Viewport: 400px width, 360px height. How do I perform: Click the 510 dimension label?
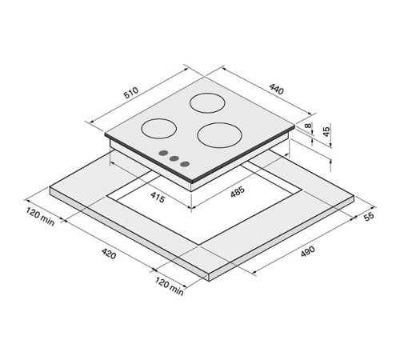coord(131,93)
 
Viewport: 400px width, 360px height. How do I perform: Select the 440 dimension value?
coord(276,89)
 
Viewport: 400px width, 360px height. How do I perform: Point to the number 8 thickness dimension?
coord(309,126)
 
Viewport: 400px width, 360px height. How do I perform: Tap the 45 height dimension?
coord(326,131)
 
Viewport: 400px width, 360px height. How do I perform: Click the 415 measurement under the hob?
coord(158,197)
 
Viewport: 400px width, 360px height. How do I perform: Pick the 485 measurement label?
coord(238,191)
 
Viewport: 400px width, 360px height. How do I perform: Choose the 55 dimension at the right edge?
coord(370,217)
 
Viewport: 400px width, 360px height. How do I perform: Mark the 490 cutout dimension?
coord(308,251)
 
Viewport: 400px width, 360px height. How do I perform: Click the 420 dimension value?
coord(109,254)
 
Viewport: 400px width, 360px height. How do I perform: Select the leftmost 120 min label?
coord(40,217)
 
